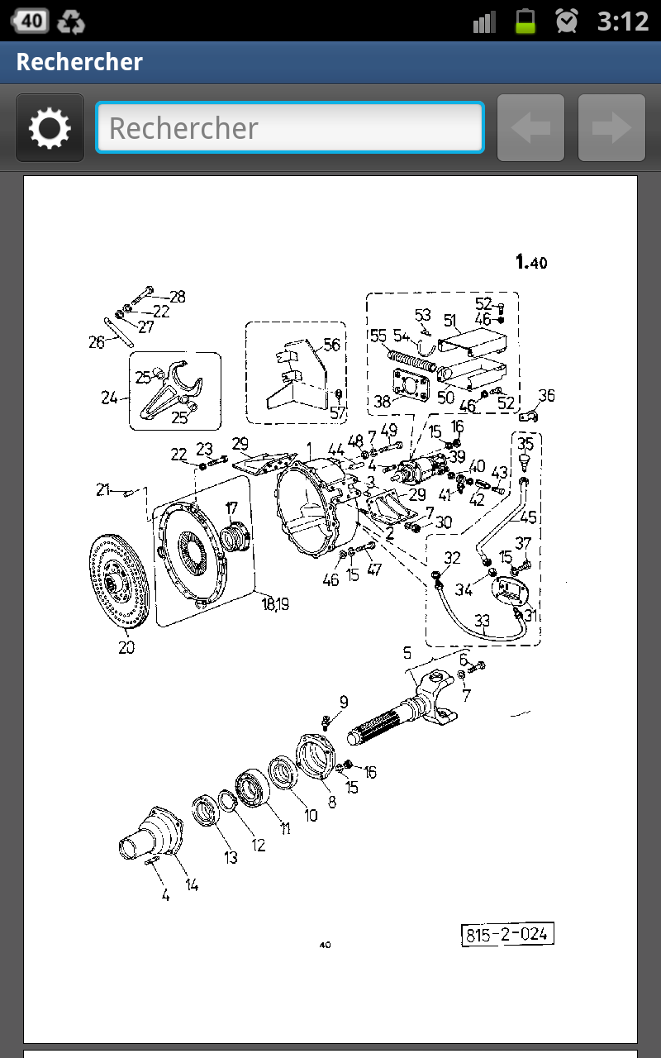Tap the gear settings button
tap(50, 127)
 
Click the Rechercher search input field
tap(290, 127)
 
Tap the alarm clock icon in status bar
tap(566, 21)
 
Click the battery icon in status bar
tap(525, 21)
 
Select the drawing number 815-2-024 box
tap(507, 934)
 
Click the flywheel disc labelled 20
tap(118, 581)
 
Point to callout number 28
tap(178, 297)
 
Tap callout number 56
tap(332, 345)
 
